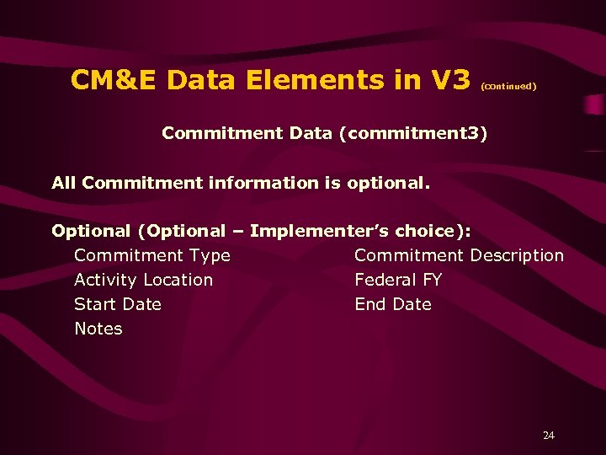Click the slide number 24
coord(549,436)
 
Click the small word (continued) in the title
coord(508,85)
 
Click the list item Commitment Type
coord(151,255)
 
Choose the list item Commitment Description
coord(459,255)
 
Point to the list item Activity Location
coord(143,280)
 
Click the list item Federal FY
coord(398,280)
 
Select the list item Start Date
coord(117,304)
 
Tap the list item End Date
coord(393,304)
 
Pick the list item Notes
coord(98,329)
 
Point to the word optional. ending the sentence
coord(392,183)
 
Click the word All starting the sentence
coord(65,182)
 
